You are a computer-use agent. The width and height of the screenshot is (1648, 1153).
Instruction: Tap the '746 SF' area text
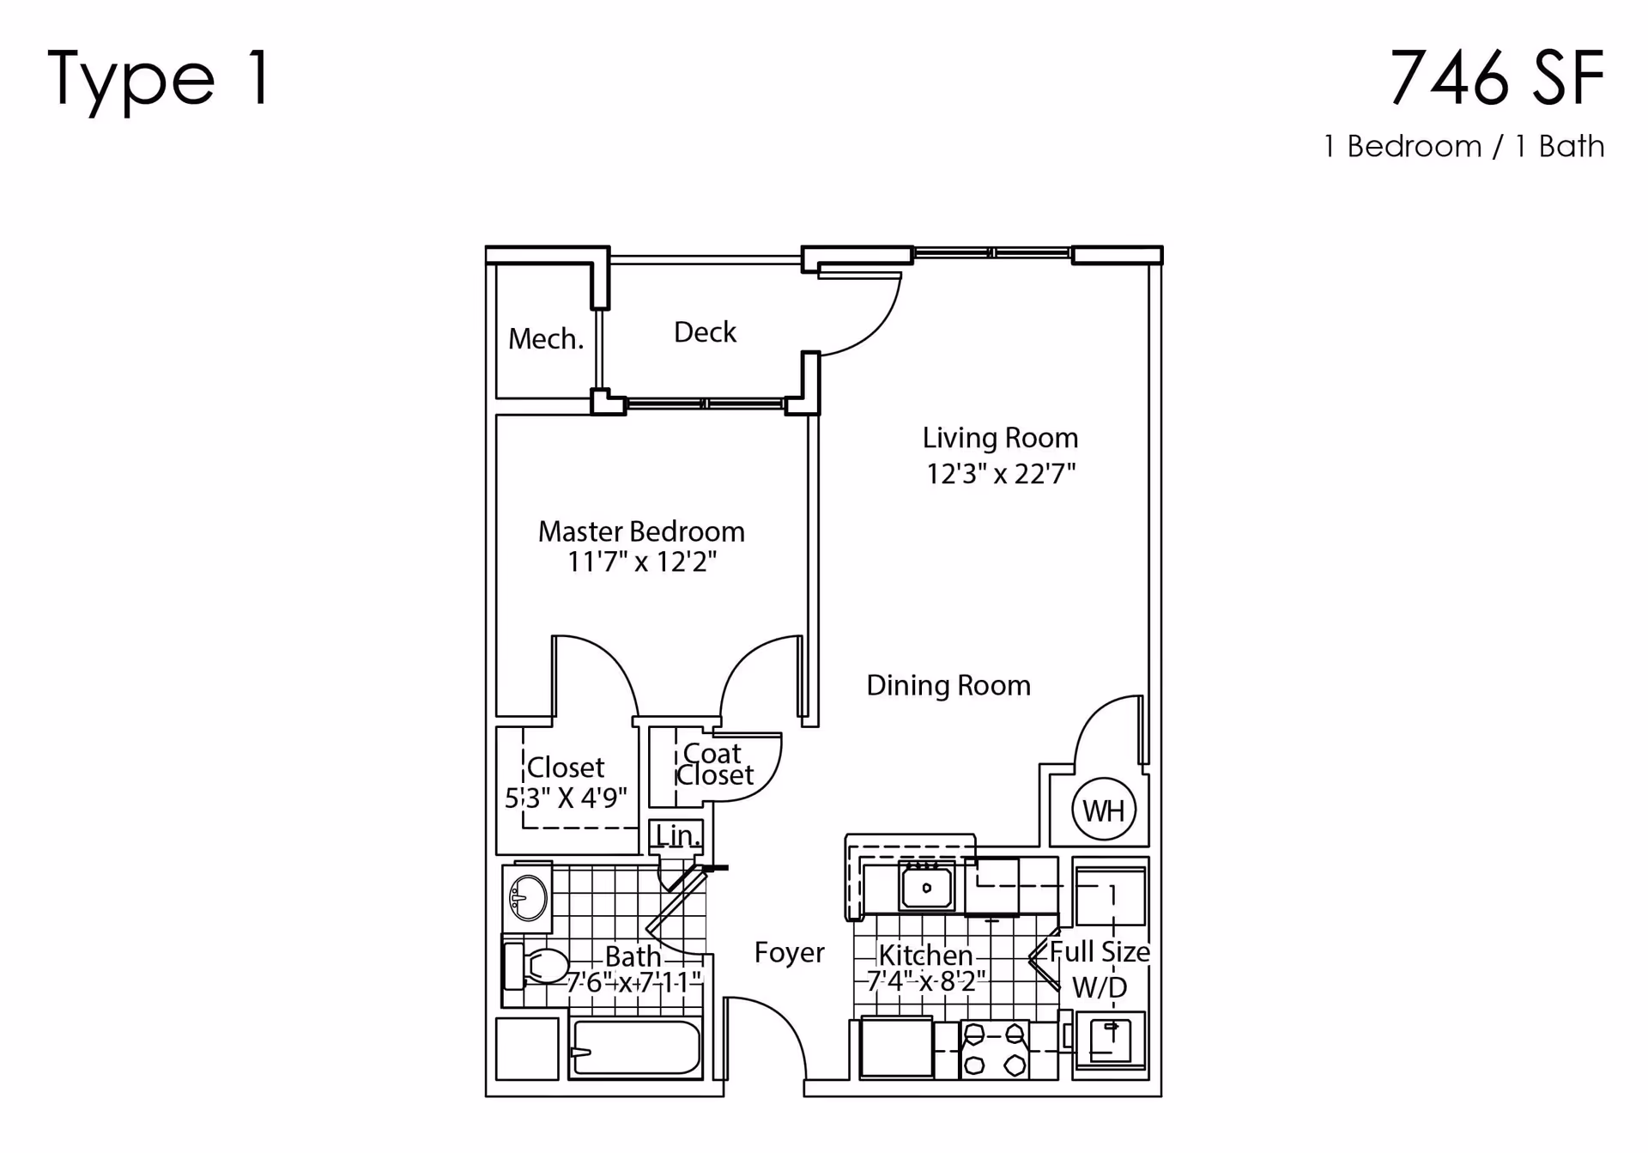[1497, 78]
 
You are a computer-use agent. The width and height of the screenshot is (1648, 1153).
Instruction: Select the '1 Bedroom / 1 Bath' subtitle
[1464, 146]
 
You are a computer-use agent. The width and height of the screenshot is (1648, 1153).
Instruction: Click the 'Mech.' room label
[546, 339]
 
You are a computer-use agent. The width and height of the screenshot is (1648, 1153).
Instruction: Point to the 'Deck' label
[705, 332]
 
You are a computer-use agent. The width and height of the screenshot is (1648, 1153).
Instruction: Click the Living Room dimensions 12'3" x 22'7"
[1001, 474]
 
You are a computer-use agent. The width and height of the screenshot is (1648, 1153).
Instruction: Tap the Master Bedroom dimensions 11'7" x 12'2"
[642, 562]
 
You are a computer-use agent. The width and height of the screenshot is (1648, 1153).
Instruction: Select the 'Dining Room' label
[948, 685]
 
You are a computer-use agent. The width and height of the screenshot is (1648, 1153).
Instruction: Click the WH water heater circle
[1104, 810]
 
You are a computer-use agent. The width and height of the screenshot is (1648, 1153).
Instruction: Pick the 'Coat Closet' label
[714, 764]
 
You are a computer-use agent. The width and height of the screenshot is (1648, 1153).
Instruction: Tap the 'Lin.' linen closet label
[677, 835]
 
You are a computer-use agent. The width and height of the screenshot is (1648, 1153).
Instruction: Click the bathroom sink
[528, 898]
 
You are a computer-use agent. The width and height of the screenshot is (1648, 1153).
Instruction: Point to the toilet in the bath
[536, 967]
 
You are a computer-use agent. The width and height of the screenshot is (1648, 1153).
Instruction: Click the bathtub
[635, 1047]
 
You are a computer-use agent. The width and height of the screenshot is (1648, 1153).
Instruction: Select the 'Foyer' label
[790, 952]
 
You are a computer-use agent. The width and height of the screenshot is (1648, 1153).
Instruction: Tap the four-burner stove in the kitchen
[995, 1049]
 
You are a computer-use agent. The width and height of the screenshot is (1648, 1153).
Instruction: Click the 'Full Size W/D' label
[1100, 969]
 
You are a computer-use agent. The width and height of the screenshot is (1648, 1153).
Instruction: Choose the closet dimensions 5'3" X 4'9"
[566, 798]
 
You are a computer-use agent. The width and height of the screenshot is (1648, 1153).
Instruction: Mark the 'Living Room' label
[1001, 438]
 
